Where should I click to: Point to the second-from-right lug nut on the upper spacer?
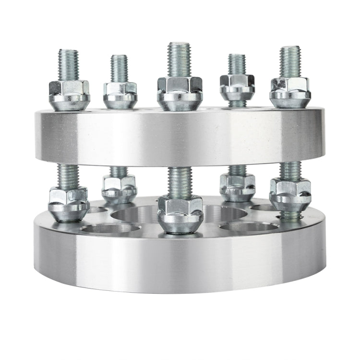pos(237,87)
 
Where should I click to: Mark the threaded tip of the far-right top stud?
pos(290,60)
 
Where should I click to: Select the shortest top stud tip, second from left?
pos(119,68)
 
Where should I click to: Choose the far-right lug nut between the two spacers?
pos(290,194)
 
